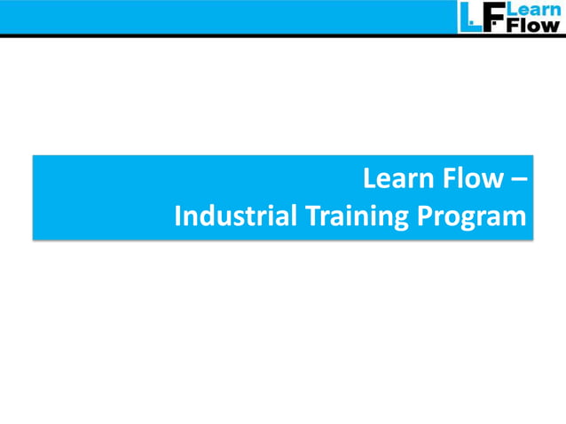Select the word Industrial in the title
(x=236, y=216)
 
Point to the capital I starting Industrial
(x=178, y=216)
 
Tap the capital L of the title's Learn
(x=369, y=180)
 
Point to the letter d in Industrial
(x=209, y=216)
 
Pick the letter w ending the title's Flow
(x=493, y=182)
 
